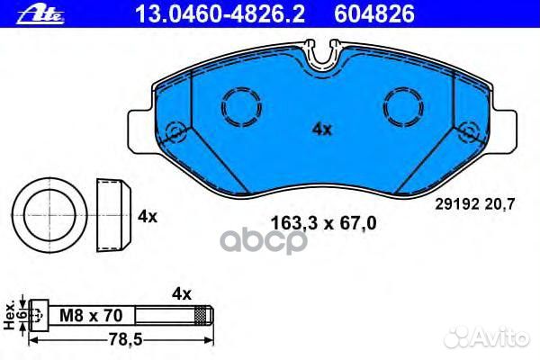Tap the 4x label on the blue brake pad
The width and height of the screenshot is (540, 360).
(x=321, y=130)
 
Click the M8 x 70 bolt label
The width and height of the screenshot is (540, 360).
(x=90, y=314)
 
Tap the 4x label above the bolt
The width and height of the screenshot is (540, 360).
(x=183, y=293)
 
